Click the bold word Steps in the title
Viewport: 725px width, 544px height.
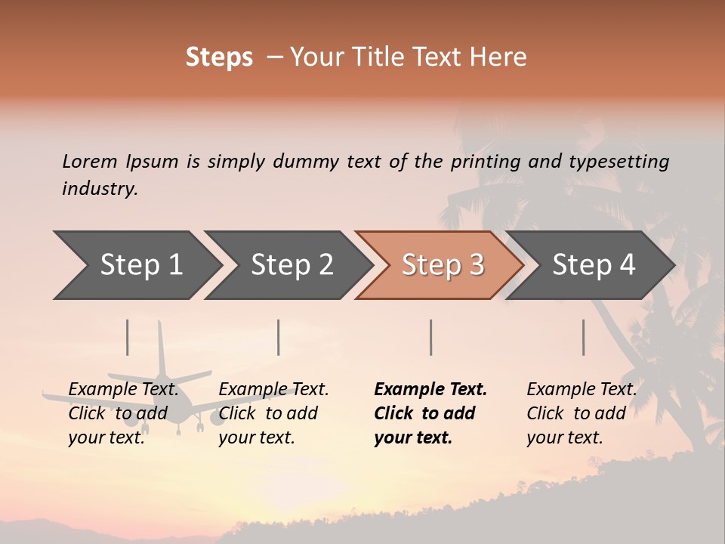(219, 57)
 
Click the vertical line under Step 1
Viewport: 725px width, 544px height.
(128, 337)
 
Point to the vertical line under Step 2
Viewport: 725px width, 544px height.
(279, 337)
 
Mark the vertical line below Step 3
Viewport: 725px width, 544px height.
(431, 337)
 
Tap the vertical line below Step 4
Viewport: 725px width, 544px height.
(584, 337)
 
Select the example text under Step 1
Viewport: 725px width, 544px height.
(123, 413)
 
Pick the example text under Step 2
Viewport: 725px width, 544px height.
(273, 413)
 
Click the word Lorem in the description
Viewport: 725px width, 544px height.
(90, 161)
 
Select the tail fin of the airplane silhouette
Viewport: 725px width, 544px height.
(161, 348)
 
